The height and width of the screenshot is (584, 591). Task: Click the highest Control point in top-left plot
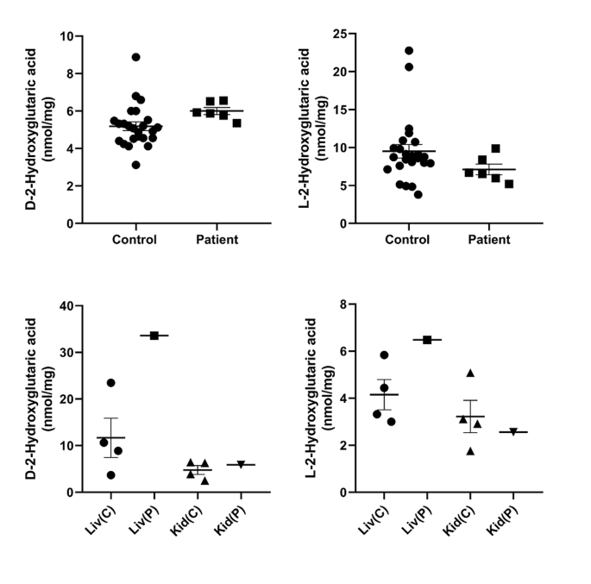pos(136,57)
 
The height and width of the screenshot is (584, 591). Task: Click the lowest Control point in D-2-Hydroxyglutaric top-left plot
pos(135,165)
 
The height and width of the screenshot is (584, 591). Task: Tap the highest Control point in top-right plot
pos(408,51)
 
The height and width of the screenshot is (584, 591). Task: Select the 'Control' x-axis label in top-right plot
pos(407,240)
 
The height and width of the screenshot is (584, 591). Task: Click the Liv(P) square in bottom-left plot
pos(154,336)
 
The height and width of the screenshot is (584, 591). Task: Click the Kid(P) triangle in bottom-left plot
pos(241,464)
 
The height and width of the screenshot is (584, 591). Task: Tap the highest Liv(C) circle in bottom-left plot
pos(110,383)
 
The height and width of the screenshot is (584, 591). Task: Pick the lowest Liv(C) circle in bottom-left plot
pos(110,474)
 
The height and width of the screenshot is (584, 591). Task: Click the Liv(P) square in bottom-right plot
pos(427,340)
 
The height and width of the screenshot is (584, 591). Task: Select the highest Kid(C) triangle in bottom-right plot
pos(470,374)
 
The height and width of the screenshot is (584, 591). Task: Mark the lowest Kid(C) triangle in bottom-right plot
pos(470,450)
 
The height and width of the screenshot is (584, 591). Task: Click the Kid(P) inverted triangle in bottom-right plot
pos(513,431)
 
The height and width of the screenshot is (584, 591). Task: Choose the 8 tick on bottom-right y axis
pos(344,305)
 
